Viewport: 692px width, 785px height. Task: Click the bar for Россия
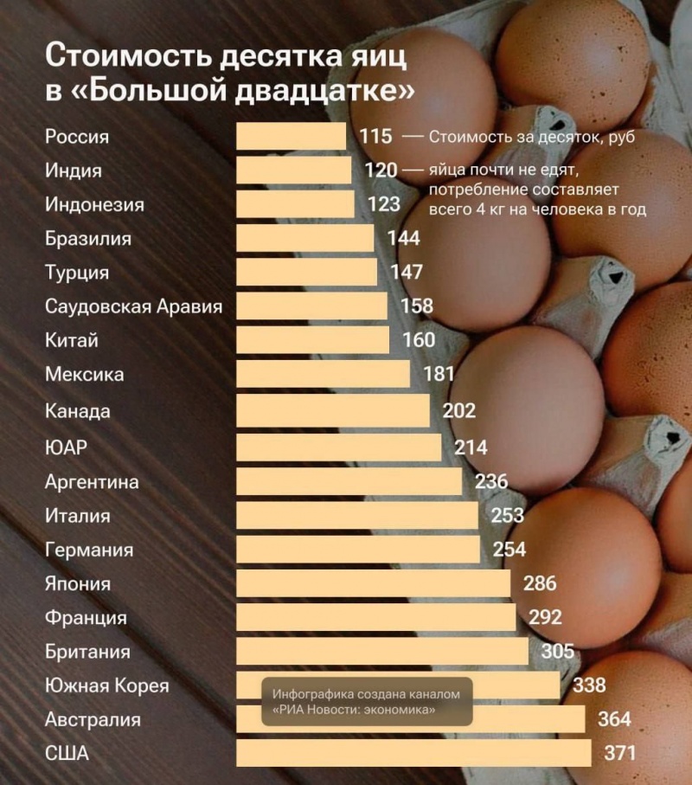tap(291, 137)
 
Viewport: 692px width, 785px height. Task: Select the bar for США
tap(413, 753)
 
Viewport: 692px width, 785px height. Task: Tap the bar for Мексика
tap(323, 375)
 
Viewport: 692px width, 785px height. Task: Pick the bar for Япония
tap(373, 582)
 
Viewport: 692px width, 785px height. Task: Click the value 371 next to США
tap(619, 753)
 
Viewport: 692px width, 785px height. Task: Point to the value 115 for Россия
tap(376, 137)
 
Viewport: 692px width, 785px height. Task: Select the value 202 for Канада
tap(458, 410)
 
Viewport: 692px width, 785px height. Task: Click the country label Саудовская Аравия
tap(133, 306)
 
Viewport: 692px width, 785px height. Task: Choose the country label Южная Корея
tap(106, 686)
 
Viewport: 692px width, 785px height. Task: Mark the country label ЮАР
tap(66, 447)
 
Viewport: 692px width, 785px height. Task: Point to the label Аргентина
tap(92, 481)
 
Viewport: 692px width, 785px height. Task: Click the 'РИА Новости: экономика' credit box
tap(368, 702)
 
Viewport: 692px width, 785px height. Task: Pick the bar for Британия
tap(381, 652)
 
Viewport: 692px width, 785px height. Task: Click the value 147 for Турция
tap(407, 273)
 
